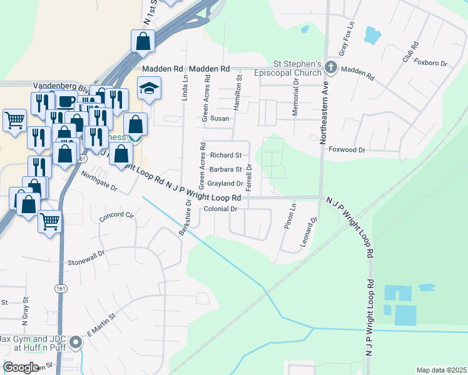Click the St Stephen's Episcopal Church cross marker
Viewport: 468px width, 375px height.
tap(330, 68)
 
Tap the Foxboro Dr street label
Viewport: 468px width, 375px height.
tap(431, 63)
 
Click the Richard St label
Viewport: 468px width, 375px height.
tap(226, 155)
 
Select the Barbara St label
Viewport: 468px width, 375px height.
tap(226, 169)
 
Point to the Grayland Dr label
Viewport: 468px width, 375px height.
tap(225, 184)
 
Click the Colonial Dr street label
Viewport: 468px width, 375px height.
tap(221, 209)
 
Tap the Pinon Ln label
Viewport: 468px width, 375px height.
tap(290, 216)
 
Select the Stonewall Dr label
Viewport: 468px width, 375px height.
tap(84, 261)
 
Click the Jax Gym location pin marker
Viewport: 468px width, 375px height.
tap(76, 342)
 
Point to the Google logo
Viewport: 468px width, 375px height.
tap(21, 367)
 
